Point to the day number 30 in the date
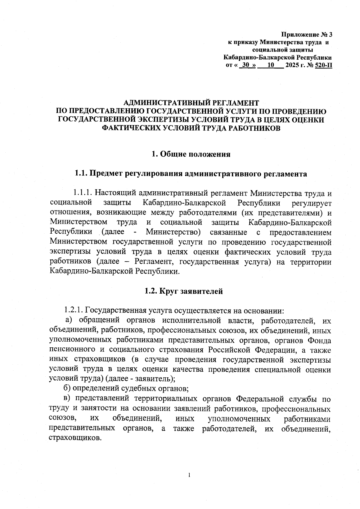(246, 65)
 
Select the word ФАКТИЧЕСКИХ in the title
(131, 128)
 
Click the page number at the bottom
(189, 475)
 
